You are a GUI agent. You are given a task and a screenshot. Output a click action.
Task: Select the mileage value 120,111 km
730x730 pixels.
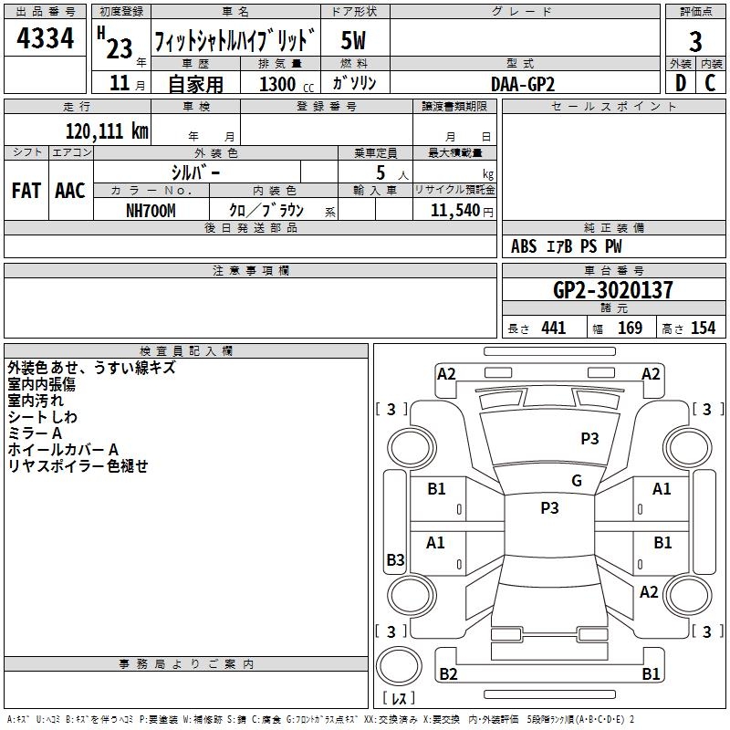click(107, 131)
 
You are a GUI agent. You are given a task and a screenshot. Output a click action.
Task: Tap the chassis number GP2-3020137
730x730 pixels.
click(613, 290)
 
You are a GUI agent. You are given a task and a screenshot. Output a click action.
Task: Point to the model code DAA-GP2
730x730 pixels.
click(523, 83)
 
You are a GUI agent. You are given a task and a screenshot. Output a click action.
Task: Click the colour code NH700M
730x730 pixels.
click(151, 210)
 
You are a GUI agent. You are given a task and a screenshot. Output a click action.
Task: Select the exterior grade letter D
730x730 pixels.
click(680, 83)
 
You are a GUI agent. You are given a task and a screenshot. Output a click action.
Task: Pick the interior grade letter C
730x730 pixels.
click(710, 83)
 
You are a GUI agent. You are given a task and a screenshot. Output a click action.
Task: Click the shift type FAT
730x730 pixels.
click(26, 191)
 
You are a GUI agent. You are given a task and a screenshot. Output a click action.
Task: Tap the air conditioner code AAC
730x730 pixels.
click(70, 191)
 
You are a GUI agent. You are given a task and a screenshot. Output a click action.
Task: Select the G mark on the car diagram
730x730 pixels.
click(576, 481)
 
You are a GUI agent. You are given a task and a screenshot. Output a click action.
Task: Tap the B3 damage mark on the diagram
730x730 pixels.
click(395, 560)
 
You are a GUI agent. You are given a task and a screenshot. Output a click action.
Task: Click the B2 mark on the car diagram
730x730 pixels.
click(448, 674)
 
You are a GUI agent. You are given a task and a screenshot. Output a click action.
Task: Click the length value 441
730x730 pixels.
click(553, 328)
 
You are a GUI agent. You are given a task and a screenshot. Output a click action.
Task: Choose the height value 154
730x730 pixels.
click(703, 328)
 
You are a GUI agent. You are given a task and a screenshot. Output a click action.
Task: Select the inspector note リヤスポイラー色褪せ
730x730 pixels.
click(78, 466)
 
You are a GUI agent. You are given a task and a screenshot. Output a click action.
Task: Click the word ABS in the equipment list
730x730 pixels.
click(524, 246)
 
